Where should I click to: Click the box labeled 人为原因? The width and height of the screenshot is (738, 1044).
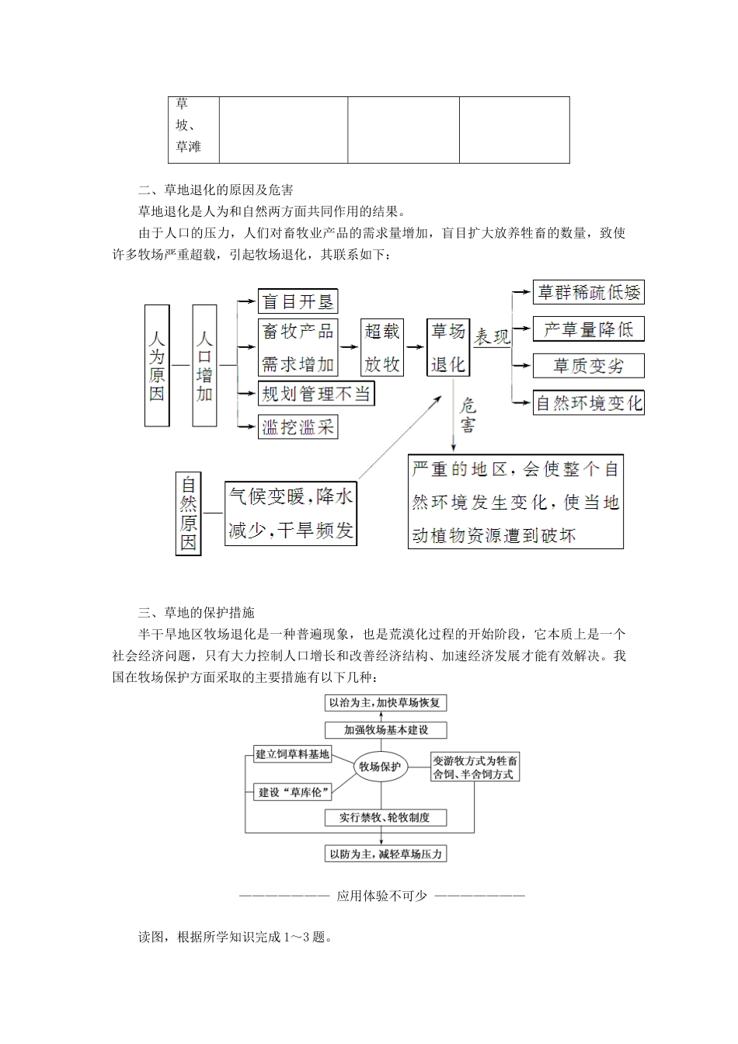pos(157,365)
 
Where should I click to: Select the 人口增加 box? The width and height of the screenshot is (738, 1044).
pos(204,365)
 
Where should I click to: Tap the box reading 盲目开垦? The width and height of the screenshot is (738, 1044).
pos(298,301)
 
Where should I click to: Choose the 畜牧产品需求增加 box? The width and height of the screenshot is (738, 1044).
pos(298,347)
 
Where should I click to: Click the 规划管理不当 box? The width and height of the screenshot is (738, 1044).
pos(316,394)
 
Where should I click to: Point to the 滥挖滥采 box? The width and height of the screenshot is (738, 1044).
pos(298,426)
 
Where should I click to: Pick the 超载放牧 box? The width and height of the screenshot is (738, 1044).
pos(382,347)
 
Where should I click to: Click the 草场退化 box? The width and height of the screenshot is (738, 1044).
pos(448,347)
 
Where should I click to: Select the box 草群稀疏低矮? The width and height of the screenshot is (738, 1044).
pos(588,292)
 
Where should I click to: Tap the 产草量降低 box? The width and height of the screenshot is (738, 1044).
pos(588,329)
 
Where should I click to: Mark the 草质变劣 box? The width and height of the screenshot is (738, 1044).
pos(588,365)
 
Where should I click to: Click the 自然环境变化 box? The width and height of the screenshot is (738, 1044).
pos(588,403)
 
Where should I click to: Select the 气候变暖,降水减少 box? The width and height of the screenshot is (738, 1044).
pos(291,513)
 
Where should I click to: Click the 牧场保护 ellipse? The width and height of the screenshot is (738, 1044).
pos(381,767)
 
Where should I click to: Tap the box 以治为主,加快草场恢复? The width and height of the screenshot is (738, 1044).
pos(385,703)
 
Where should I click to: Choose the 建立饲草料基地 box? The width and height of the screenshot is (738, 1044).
pos(292,753)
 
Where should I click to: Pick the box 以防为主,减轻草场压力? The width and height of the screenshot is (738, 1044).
pos(385,854)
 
